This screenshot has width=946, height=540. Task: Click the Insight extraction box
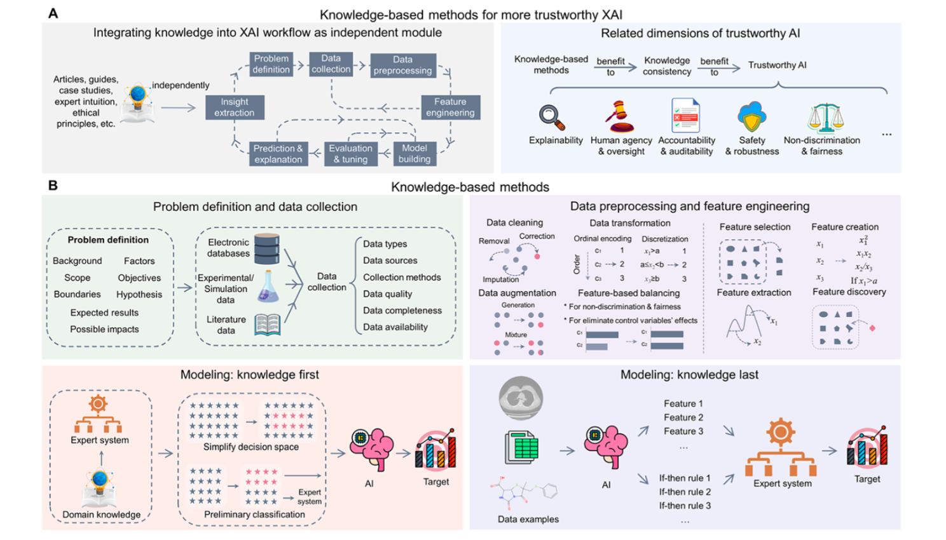234,107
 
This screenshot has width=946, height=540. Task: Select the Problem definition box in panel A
271,64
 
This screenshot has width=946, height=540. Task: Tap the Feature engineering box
450,107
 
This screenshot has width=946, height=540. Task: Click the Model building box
415,154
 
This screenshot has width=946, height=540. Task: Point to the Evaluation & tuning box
350,154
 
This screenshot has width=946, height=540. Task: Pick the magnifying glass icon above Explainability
552,117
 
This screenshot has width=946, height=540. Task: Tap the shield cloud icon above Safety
751,117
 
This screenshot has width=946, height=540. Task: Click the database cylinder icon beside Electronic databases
267,249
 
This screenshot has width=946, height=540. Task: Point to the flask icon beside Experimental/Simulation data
268,287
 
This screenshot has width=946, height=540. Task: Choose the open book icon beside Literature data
267,324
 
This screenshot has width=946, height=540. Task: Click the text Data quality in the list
387,294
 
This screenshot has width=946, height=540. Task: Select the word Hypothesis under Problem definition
139,295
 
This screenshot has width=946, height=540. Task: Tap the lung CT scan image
521,398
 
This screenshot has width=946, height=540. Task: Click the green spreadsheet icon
521,447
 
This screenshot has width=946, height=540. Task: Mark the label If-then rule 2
685,492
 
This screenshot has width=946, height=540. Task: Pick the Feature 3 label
683,431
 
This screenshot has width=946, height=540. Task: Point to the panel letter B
53,186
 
